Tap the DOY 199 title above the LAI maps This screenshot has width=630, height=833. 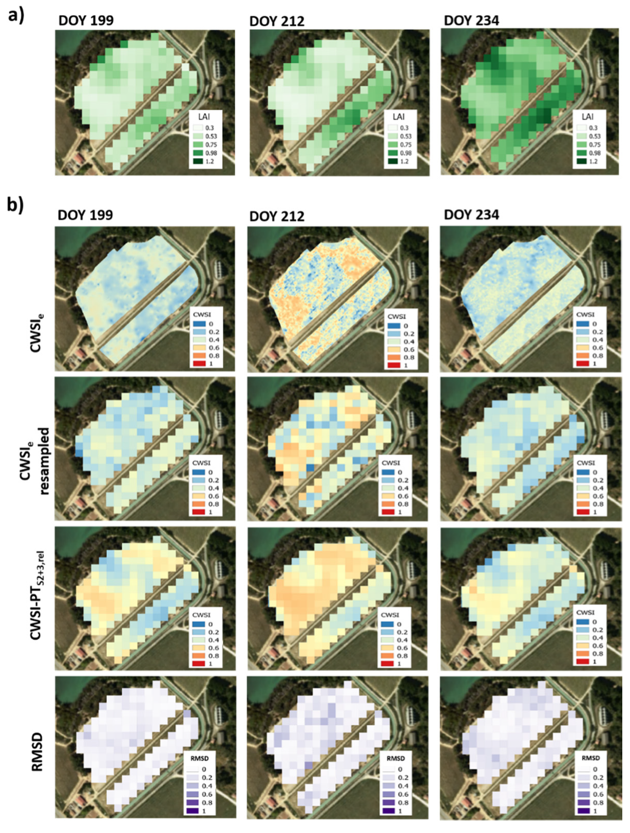pos(86,21)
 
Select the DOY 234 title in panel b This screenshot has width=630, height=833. pos(471,215)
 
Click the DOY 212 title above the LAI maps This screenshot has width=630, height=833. pos(277,21)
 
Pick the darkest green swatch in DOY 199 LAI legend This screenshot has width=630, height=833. pos(199,161)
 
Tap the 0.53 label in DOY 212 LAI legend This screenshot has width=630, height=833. pos(405,136)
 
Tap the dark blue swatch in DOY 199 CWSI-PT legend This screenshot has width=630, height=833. pos(199,624)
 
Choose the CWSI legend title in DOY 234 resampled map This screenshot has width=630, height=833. pos(585,463)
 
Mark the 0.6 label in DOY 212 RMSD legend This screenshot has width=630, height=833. pos(404,794)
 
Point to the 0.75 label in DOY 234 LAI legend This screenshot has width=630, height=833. pos(593,145)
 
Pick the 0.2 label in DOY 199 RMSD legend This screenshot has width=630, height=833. pos(207,778)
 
